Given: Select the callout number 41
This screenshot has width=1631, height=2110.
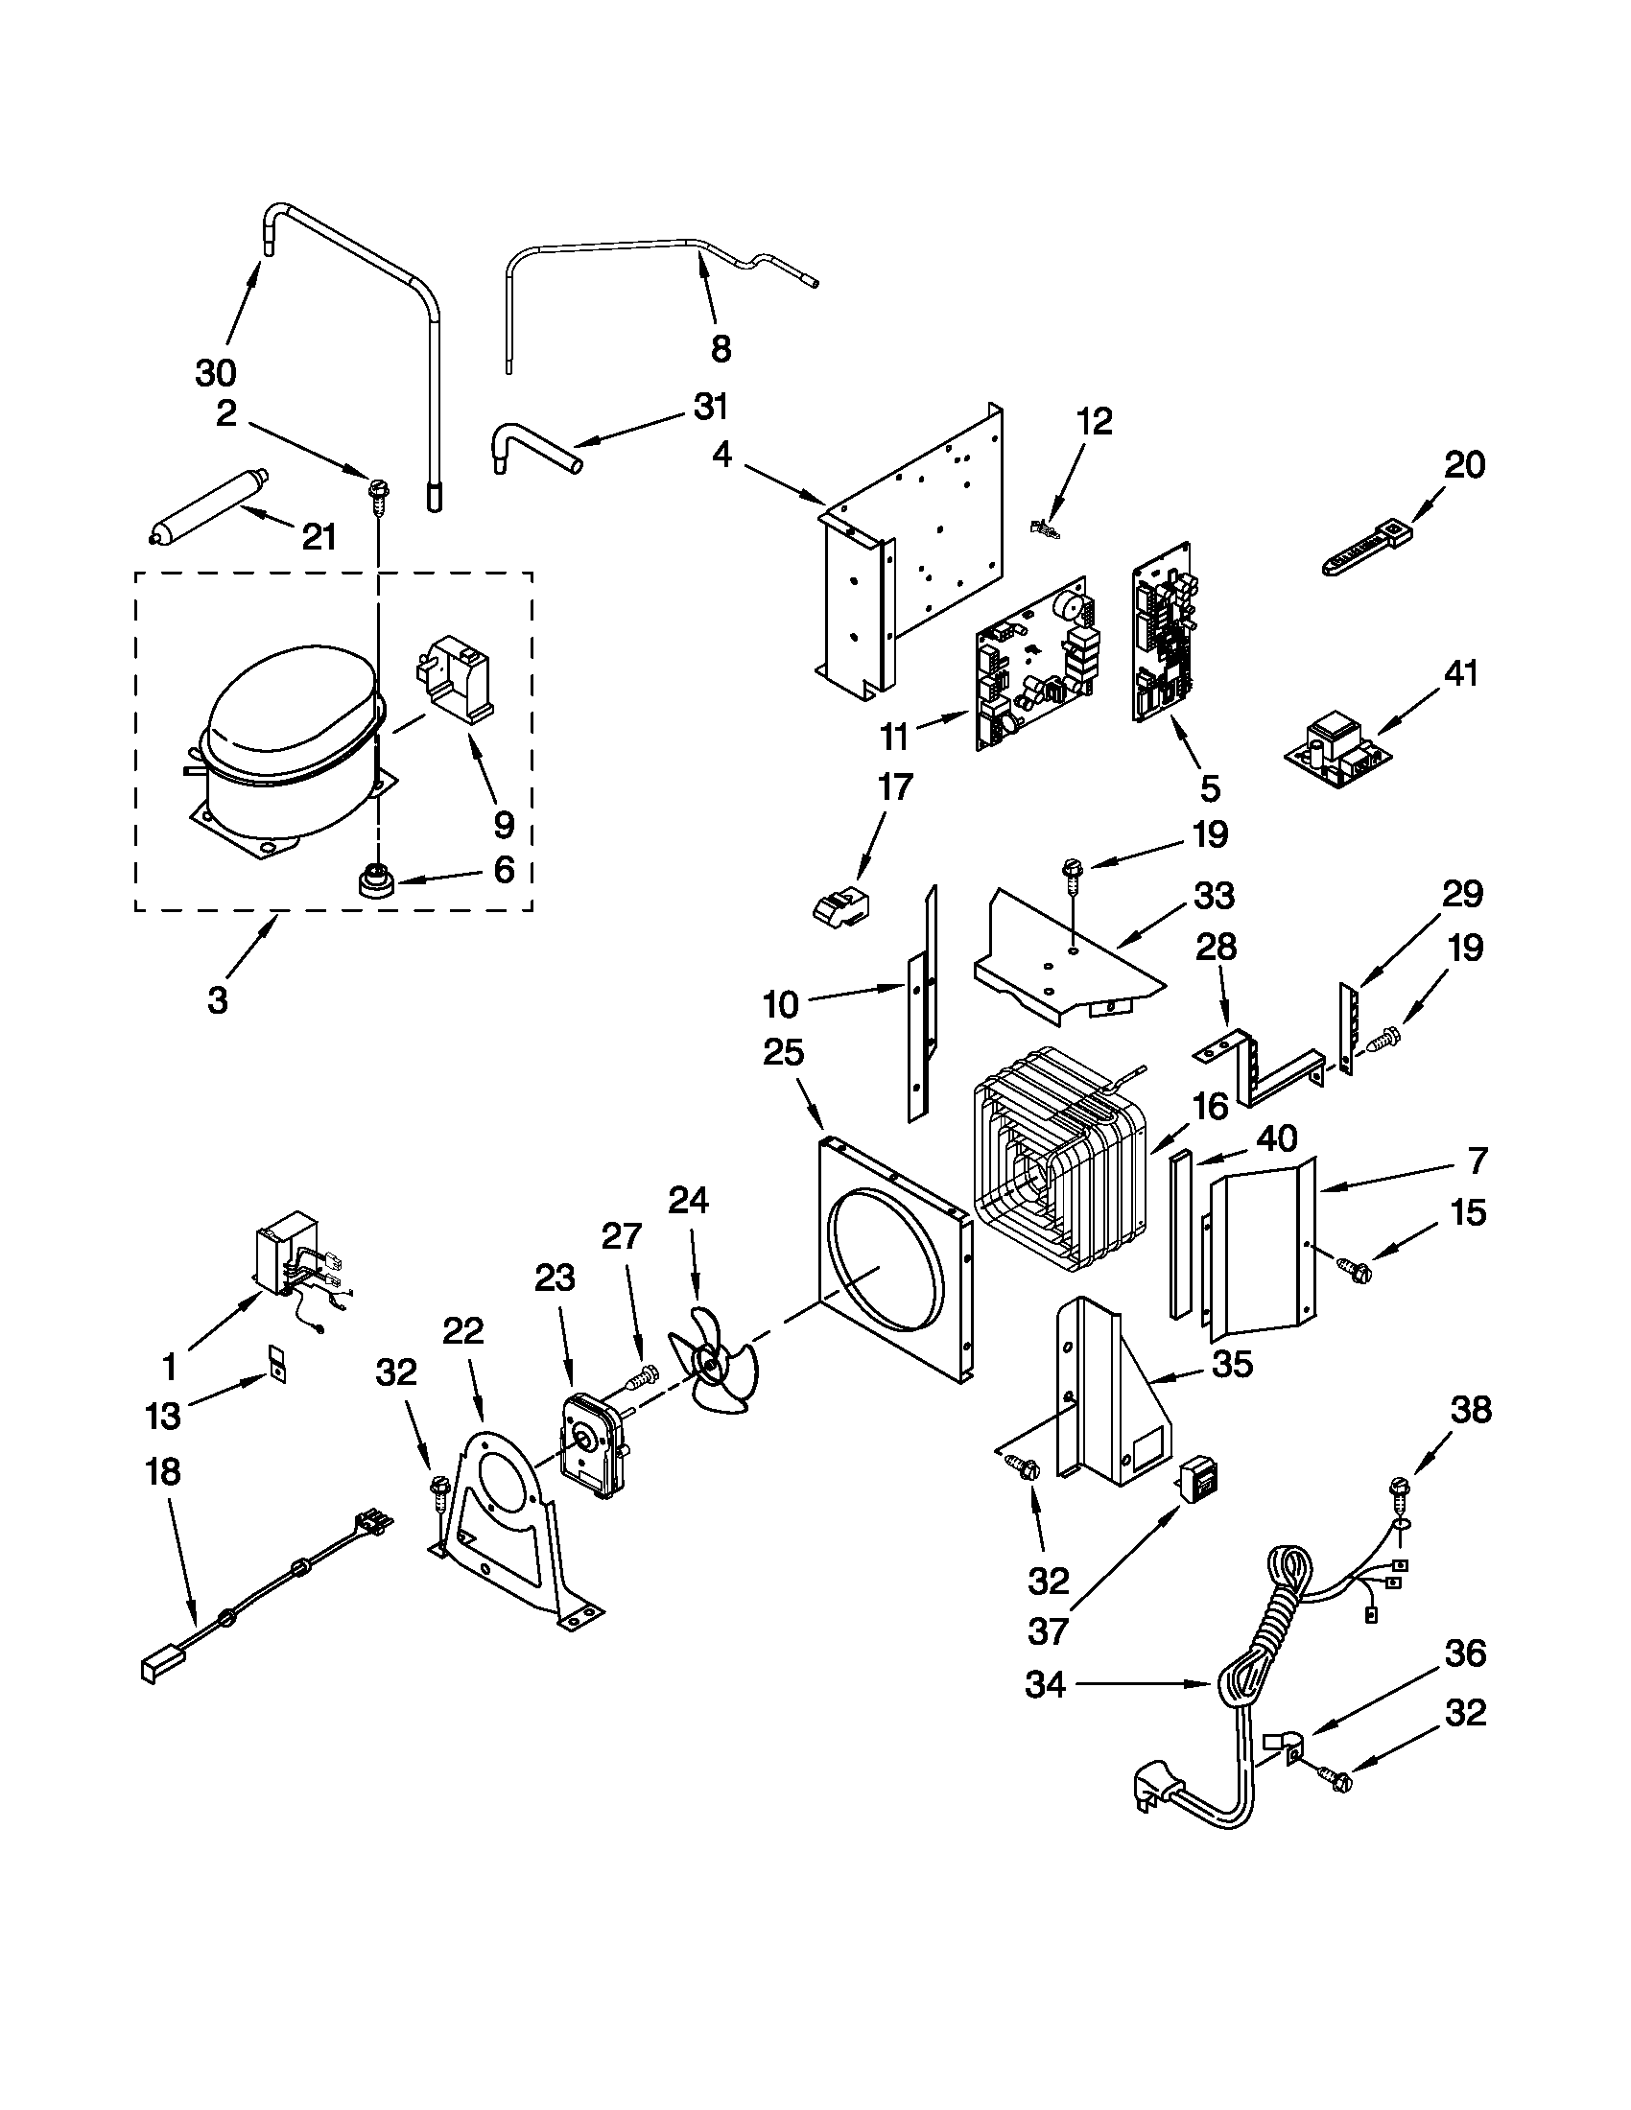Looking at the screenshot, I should pyautogui.click(x=1460, y=672).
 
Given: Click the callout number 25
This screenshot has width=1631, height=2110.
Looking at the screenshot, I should pyautogui.click(x=783, y=1052).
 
